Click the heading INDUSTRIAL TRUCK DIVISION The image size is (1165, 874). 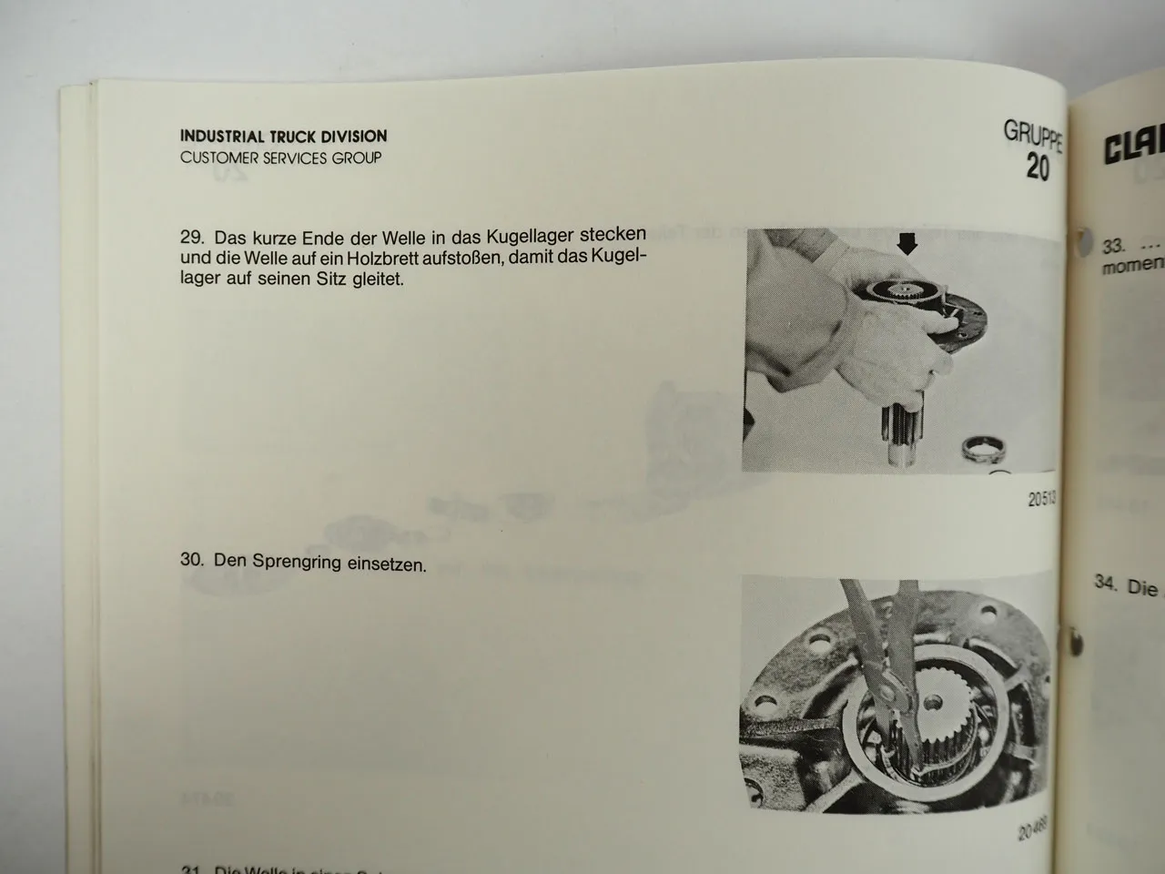[x=283, y=137]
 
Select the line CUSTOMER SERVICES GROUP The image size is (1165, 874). [x=280, y=158]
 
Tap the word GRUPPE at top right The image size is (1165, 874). [x=1031, y=134]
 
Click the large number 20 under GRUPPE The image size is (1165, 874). [x=1037, y=167]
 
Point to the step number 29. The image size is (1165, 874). [x=191, y=237]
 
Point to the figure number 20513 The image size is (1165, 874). [x=1039, y=499]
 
